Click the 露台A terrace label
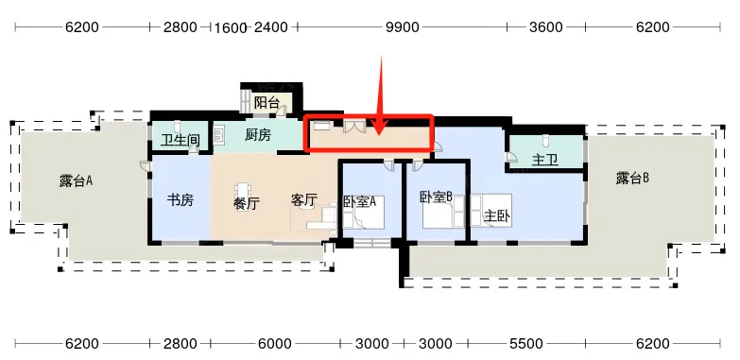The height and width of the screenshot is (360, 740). tap(76, 180)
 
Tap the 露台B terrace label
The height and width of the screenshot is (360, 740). tap(632, 178)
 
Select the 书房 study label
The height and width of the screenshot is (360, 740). tap(181, 200)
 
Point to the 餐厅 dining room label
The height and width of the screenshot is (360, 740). tap(247, 203)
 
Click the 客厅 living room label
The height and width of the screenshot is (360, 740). tap(303, 200)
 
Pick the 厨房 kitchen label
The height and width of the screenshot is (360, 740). tap(258, 135)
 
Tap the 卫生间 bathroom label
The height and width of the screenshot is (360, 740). tap(180, 140)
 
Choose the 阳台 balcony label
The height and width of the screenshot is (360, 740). tap(267, 102)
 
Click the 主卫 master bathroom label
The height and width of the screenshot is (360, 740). tap(545, 160)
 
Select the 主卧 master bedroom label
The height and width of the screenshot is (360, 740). tap(496, 216)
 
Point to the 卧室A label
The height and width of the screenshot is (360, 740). tap(360, 201)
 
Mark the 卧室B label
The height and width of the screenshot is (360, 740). tap(436, 197)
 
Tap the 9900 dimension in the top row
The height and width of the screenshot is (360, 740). tap(402, 27)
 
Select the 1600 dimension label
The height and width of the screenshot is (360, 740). tap(231, 28)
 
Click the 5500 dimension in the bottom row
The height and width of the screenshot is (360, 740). tap(525, 344)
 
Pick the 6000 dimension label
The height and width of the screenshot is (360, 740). tap(275, 344)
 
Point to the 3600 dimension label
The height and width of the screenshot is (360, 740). tap(545, 27)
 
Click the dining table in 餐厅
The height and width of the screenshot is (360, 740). tap(243, 196)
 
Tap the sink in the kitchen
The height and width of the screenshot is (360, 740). tap(219, 135)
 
